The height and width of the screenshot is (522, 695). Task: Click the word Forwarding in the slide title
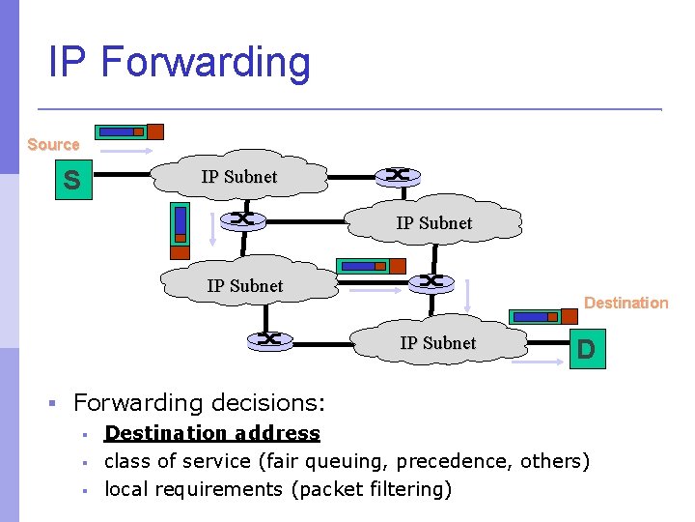[x=206, y=63]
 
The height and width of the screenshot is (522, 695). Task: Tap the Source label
[x=53, y=144]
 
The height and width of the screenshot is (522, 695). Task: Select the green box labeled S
[x=71, y=179]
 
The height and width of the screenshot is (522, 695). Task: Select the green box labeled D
[x=585, y=348]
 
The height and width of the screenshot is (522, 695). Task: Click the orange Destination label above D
[x=625, y=303]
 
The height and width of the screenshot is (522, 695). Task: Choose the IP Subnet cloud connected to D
[x=437, y=343]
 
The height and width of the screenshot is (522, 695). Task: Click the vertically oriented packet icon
[x=180, y=230]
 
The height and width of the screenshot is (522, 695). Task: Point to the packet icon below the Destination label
[x=536, y=316]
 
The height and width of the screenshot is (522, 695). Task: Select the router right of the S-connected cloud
[x=396, y=175]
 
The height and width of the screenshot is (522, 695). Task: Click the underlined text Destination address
[x=211, y=433]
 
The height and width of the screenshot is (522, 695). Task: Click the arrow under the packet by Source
[x=125, y=152]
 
